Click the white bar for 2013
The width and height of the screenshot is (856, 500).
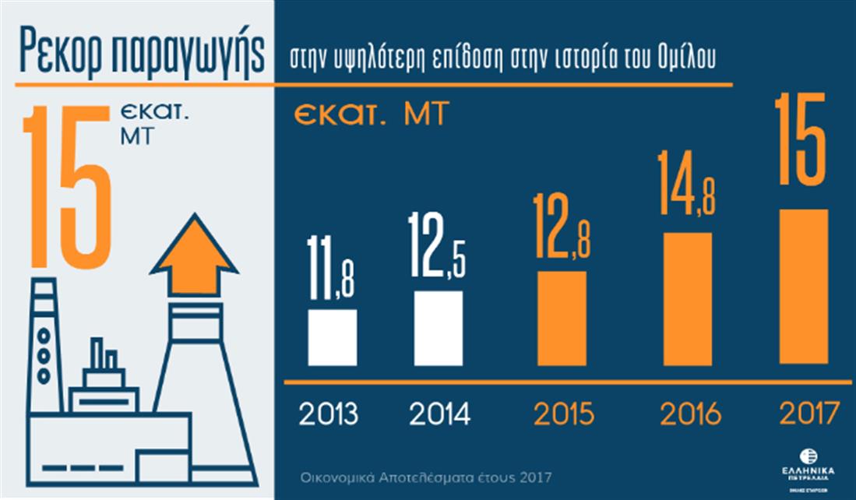coord(332,337)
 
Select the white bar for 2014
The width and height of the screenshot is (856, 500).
coord(438,328)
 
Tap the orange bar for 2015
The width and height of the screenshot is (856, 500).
coord(562,318)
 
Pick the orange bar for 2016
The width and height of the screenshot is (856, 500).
coord(687,299)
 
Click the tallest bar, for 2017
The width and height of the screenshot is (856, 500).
coord(804,286)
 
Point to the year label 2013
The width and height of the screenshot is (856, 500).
coord(329,414)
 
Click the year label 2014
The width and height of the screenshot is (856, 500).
coord(439,414)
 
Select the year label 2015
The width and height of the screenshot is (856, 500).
coord(564,414)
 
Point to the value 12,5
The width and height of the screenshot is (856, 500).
coord(438,247)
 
